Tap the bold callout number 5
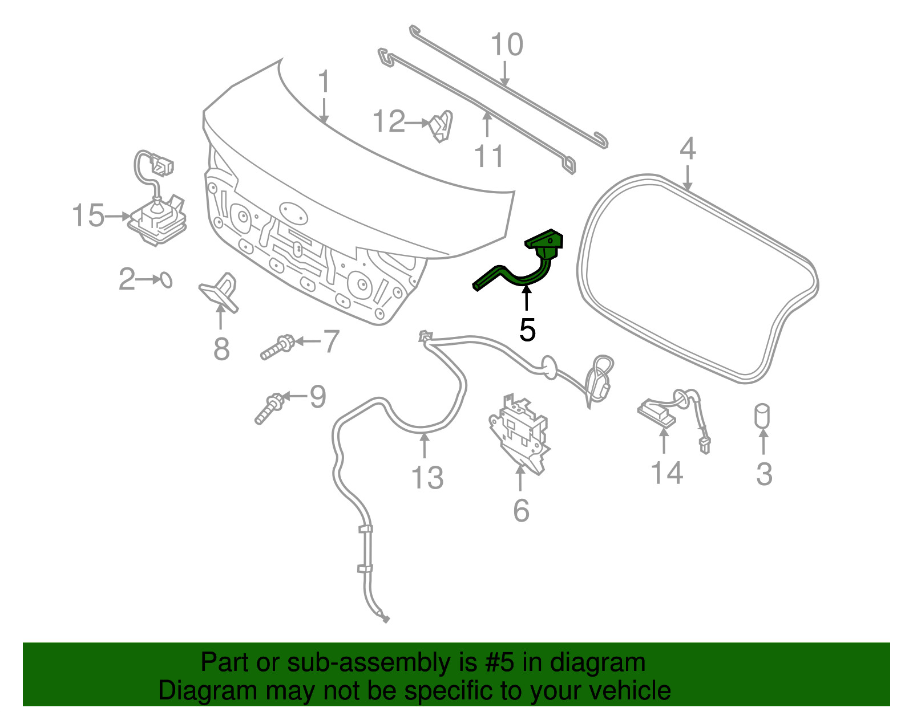pyautogui.click(x=527, y=329)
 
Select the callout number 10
pyautogui.click(x=507, y=44)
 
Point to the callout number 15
pyautogui.click(x=88, y=215)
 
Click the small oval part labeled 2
pyautogui.click(x=167, y=280)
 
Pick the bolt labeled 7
pyautogui.click(x=277, y=347)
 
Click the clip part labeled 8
pyautogui.click(x=220, y=292)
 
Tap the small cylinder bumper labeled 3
pyautogui.click(x=762, y=416)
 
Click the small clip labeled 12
pyautogui.click(x=441, y=125)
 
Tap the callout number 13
pyautogui.click(x=427, y=478)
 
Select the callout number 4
pyautogui.click(x=688, y=149)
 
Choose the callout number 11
pyautogui.click(x=488, y=156)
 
